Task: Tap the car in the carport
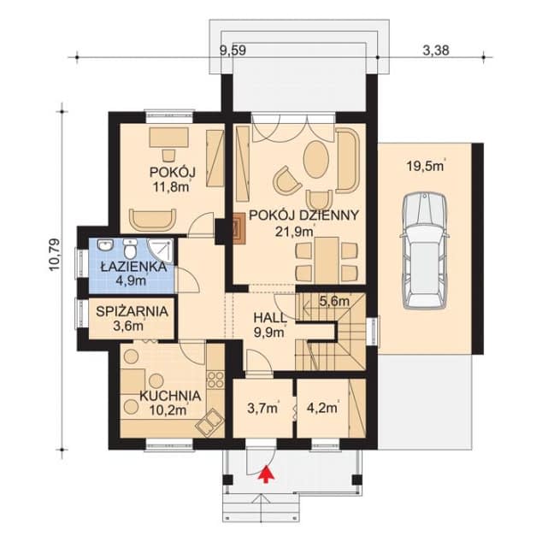(425, 250)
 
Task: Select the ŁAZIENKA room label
(133, 267)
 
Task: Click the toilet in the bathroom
(130, 248)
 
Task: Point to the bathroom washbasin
(105, 245)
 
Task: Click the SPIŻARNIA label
(132, 312)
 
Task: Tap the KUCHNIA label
(170, 396)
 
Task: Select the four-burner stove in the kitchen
(215, 380)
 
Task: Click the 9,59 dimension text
(233, 50)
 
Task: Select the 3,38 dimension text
(436, 50)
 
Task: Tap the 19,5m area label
(426, 166)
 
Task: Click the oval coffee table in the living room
(316, 159)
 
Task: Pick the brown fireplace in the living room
(239, 227)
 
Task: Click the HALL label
(270, 318)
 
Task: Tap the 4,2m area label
(321, 409)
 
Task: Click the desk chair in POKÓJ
(168, 156)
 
